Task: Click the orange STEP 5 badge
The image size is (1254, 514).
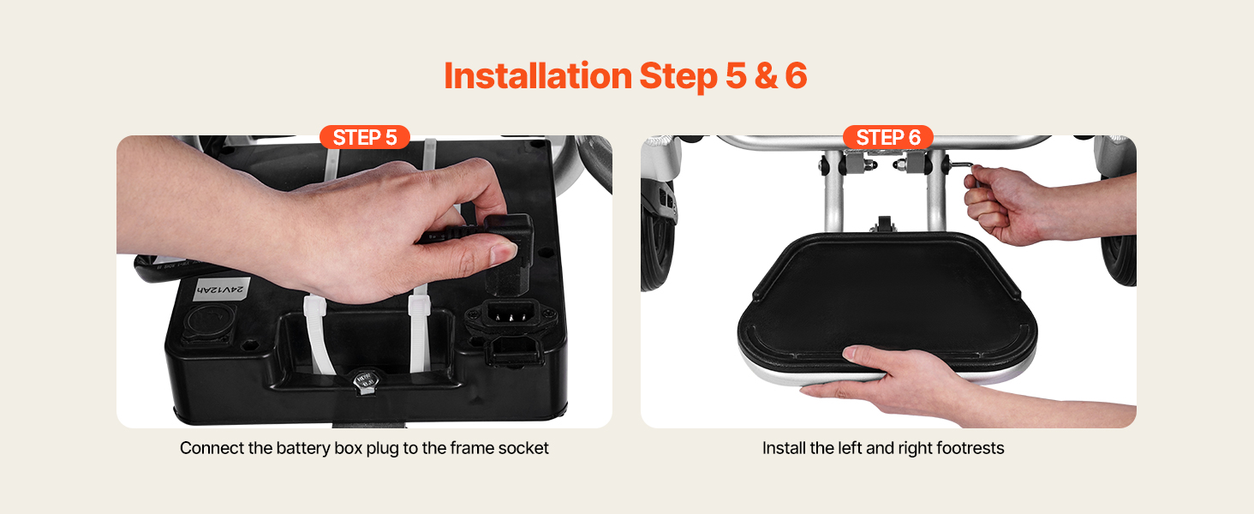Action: point(364,137)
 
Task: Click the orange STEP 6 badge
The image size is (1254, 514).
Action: point(888,137)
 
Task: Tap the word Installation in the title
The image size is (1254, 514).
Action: point(538,75)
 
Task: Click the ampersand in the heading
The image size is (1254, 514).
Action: point(766,76)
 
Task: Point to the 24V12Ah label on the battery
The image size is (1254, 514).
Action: point(221,289)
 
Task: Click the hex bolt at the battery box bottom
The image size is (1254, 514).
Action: point(364,381)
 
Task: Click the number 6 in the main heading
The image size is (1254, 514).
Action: point(796,76)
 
